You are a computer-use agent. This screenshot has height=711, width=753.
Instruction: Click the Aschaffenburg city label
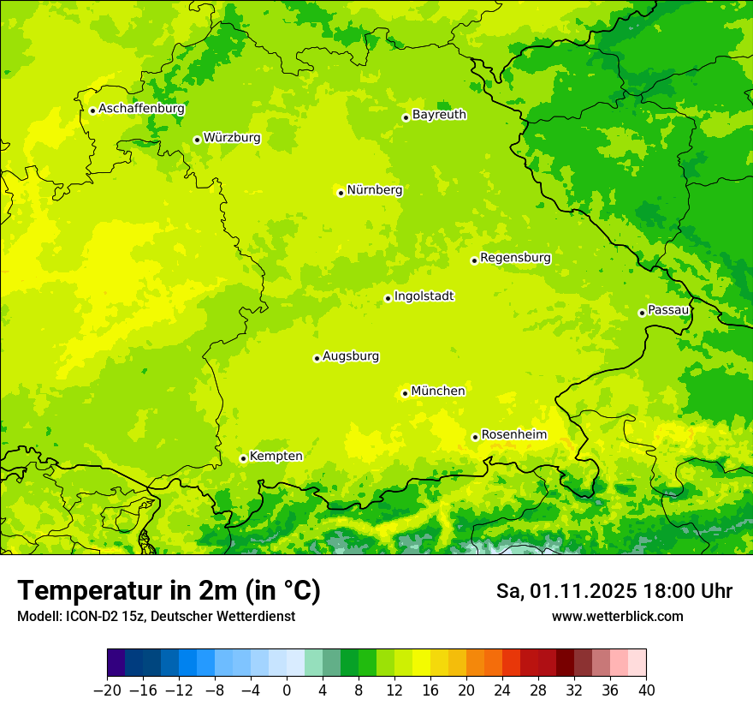141,109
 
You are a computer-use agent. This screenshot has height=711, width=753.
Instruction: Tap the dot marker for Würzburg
197,140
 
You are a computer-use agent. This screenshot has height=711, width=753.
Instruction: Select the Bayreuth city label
439,115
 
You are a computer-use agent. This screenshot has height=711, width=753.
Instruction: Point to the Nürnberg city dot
341,193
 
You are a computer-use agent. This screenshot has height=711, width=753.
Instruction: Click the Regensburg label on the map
515,258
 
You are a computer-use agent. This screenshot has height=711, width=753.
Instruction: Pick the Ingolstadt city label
424,296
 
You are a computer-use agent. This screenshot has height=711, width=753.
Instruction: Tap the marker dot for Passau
642,313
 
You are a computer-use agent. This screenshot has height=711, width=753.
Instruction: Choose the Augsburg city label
351,356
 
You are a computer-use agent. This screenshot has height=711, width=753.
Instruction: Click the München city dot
405,394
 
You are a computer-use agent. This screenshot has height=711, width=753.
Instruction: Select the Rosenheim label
513,435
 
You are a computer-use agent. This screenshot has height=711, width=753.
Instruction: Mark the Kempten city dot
243,458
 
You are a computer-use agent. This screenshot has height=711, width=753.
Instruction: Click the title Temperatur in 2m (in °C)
169,591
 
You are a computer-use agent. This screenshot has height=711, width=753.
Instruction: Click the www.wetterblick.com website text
617,617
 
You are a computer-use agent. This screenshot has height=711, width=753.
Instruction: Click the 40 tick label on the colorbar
646,690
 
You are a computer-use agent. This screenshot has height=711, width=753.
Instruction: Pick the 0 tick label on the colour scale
287,690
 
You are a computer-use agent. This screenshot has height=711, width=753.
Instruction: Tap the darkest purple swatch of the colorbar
116,663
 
